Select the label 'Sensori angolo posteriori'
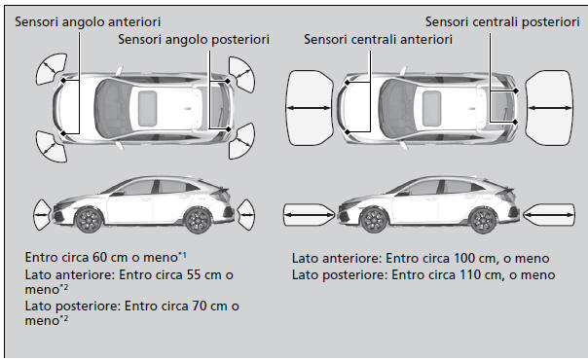tap(193, 40)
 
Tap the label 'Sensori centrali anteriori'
tap(378, 40)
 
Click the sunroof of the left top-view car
tap(151, 100)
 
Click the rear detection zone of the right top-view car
tap(551, 101)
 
